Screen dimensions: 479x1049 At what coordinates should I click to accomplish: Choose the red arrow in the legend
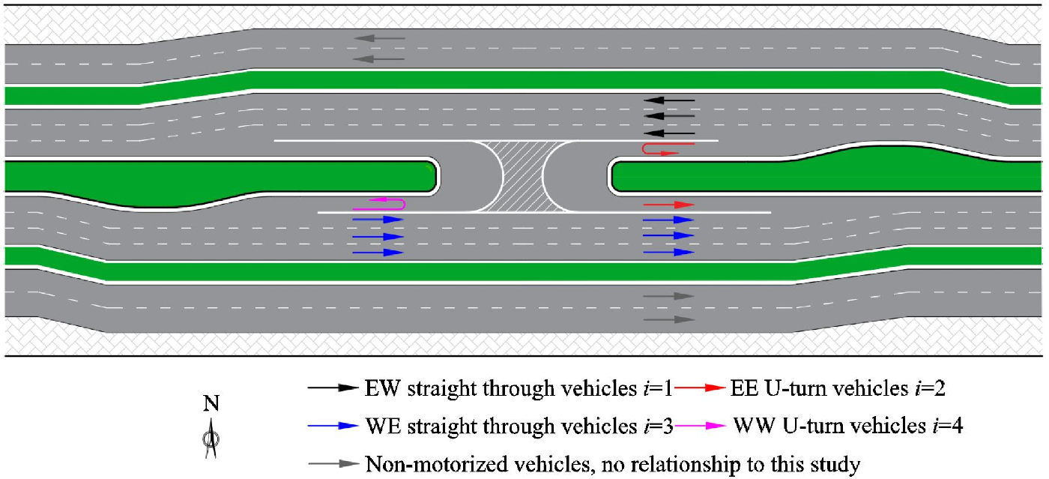(701, 388)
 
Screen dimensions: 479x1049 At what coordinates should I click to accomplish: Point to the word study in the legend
(836, 466)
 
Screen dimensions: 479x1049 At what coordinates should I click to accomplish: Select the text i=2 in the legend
(937, 388)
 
